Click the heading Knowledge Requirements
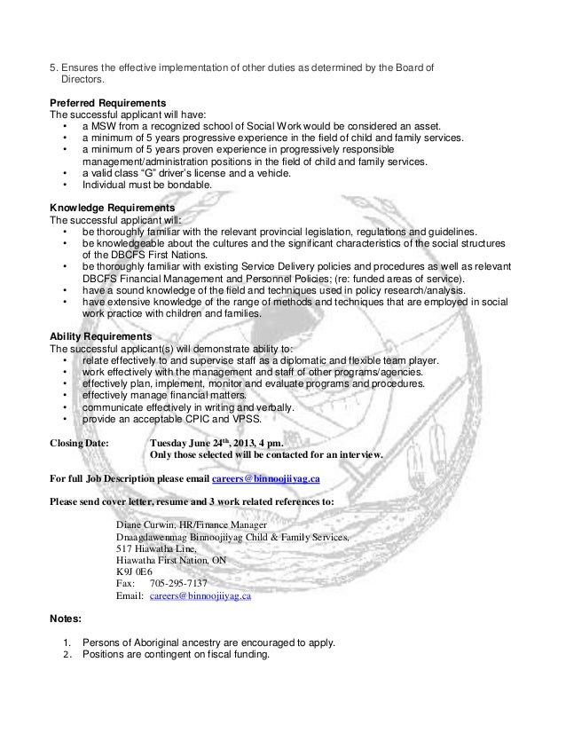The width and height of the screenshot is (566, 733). (x=106, y=207)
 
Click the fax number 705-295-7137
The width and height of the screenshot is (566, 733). (x=178, y=584)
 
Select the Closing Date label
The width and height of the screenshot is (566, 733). (x=79, y=441)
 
